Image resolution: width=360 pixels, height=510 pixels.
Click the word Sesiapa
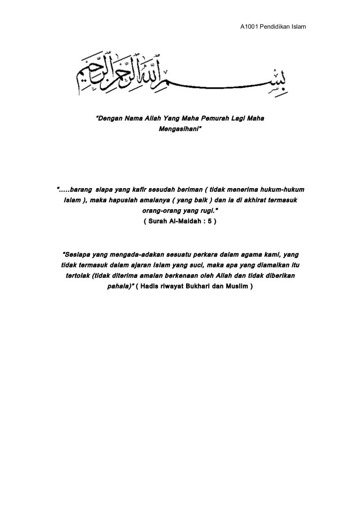[76, 255]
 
